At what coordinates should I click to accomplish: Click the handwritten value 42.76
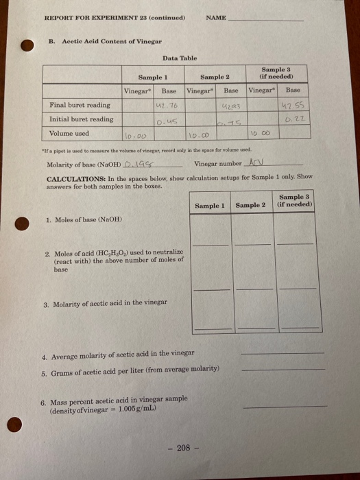167,106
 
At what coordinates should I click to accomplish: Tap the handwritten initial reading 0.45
167,121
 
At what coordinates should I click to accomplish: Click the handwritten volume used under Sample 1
134,136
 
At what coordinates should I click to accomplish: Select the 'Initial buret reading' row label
82,119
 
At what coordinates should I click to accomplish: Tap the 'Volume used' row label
69,134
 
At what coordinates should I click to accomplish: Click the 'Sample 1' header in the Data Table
153,77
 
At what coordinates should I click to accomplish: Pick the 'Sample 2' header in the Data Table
214,77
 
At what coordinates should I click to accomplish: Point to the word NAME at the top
215,19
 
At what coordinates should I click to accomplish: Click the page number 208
182,448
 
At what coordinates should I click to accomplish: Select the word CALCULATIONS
73,177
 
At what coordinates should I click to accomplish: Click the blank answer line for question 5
283,370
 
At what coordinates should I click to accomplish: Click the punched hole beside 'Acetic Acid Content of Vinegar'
27,45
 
